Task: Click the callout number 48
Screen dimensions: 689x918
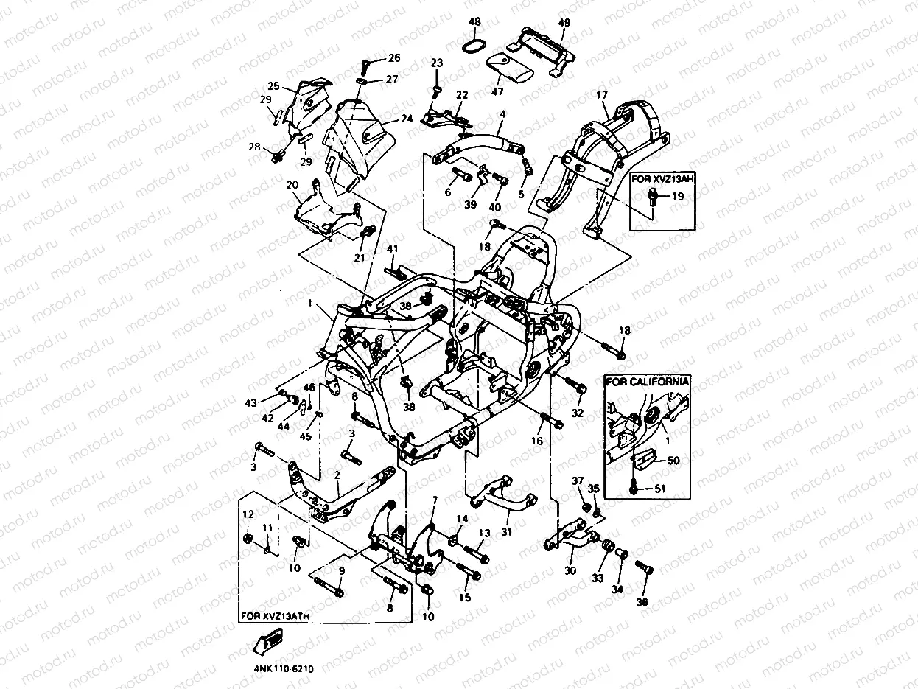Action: point(474,21)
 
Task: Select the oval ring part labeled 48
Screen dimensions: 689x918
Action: point(473,46)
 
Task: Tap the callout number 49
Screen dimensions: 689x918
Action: point(564,23)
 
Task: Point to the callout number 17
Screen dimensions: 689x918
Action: point(602,95)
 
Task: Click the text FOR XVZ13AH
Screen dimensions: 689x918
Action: point(663,178)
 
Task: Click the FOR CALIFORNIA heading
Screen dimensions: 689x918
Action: point(648,381)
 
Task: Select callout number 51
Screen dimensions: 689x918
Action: point(659,487)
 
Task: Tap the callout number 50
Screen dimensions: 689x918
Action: point(673,460)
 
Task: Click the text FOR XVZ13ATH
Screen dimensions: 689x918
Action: point(270,614)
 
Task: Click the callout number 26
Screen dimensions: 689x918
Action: point(394,57)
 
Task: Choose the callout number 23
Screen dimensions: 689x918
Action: point(436,63)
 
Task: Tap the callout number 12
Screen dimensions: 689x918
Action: point(248,514)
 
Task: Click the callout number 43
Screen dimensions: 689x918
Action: point(251,403)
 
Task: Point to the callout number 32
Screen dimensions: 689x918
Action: point(578,413)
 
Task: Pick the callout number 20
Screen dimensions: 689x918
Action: point(292,184)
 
